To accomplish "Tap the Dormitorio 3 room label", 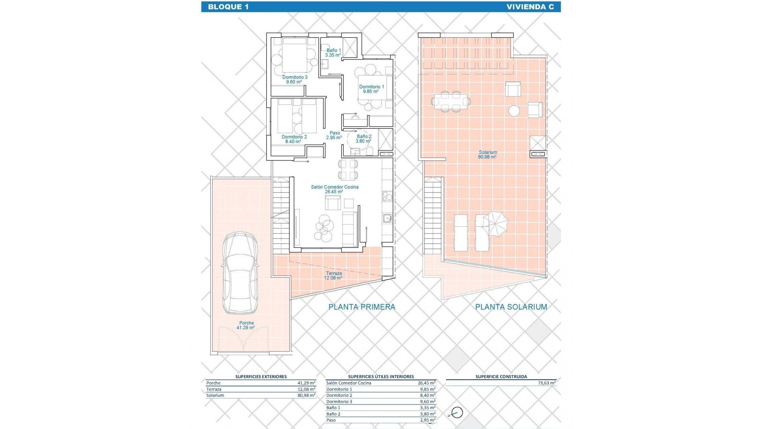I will pos(294,79).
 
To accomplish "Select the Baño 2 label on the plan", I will pos(364,139).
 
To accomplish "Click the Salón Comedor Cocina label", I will pos(334,189).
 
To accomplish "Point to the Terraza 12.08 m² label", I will pos(333,276).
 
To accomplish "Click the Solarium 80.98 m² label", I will pos(488,155).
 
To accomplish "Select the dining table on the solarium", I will pos(451,101).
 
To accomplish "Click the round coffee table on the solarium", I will pos(514,110).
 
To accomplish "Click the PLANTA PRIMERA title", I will pos(362,307).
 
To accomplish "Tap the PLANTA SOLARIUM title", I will pos(511,307).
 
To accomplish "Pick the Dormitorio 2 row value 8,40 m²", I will pos(427,396).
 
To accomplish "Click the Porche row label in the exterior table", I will pos(213,383).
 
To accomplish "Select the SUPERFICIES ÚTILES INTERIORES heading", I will pos(381,377).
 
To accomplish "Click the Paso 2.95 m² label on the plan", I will pos(334,135).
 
